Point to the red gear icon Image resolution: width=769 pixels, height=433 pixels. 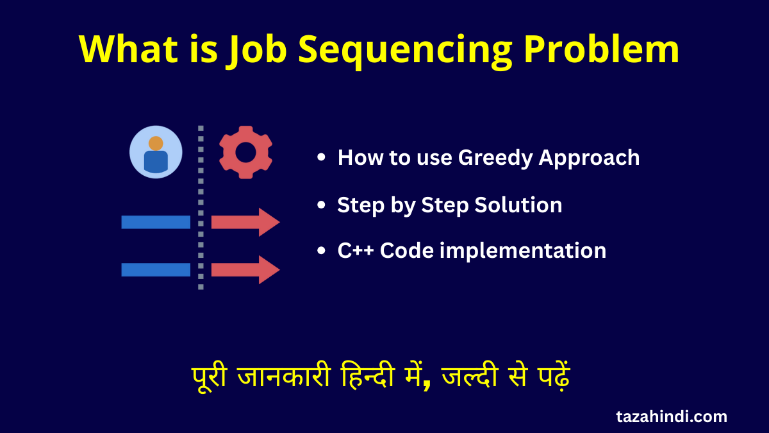click(x=245, y=152)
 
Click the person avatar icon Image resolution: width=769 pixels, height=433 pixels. click(x=156, y=152)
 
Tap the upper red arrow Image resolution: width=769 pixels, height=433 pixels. click(x=245, y=222)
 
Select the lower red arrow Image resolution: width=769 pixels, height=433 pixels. click(x=245, y=269)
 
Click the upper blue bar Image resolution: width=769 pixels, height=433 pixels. click(x=156, y=222)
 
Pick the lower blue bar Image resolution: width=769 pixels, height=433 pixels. click(x=156, y=269)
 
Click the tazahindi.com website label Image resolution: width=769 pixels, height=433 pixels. click(x=672, y=416)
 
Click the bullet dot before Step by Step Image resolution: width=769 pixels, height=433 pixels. click(x=321, y=206)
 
